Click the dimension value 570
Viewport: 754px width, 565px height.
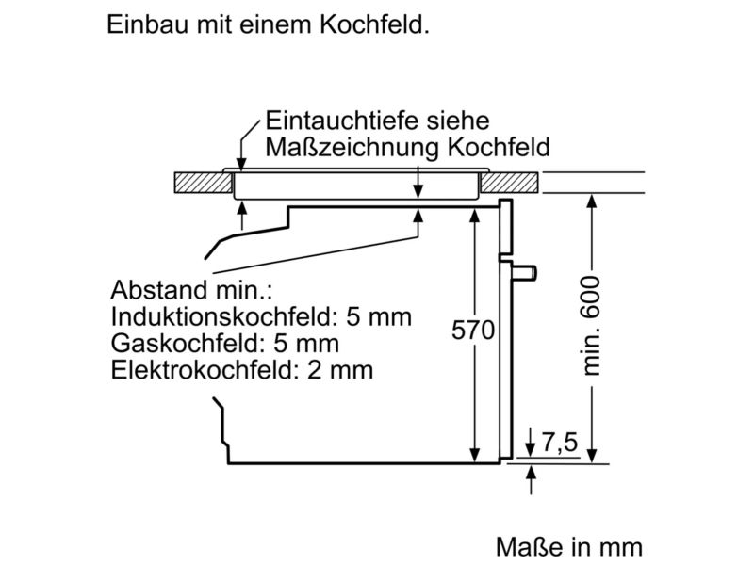tap(473, 331)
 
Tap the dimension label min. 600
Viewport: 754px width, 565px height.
tap(592, 326)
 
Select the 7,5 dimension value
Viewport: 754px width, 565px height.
tap(560, 442)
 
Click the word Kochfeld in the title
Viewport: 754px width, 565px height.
tap(374, 24)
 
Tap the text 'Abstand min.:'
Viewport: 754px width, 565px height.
tap(191, 290)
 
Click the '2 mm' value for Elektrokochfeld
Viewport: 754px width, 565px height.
tap(340, 370)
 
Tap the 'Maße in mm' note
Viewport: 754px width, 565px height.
tap(569, 547)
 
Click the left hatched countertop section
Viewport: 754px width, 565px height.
tap(204, 183)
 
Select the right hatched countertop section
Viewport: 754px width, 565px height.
tap(509, 183)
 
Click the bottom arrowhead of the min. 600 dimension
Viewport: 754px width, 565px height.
tap(592, 456)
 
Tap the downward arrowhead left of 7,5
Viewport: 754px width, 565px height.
tap(530, 449)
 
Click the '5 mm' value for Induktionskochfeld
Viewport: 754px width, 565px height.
tap(379, 316)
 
